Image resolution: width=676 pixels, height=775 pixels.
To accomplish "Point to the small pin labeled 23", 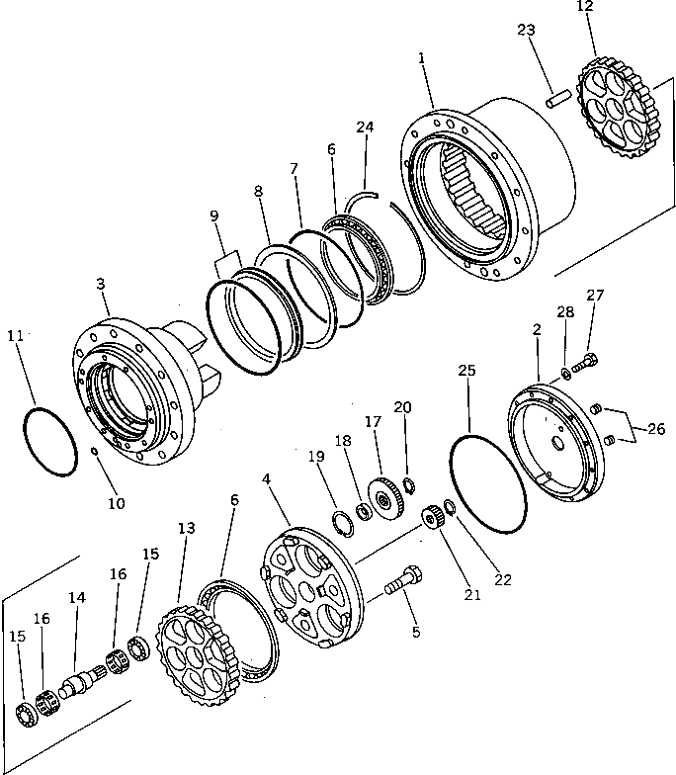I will coord(558,99).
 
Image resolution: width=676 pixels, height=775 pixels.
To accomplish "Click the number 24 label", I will coord(366,127).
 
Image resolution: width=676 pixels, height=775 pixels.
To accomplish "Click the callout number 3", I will coord(101,284).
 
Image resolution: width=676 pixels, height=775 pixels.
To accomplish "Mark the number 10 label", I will coord(117,503).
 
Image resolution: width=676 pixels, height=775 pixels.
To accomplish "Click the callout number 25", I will coord(467,371).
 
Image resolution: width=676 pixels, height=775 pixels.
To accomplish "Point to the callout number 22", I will coord(503,580).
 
